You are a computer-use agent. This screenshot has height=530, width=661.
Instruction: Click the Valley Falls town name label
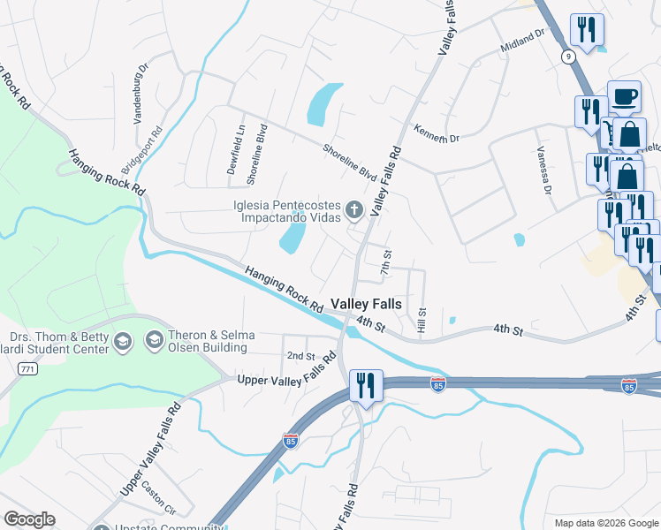[x=366, y=304]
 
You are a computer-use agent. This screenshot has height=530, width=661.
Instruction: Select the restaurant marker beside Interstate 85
[x=365, y=385]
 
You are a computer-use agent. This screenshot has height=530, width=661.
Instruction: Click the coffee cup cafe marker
[x=624, y=96]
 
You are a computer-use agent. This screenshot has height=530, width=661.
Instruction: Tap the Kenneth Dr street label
[x=437, y=132]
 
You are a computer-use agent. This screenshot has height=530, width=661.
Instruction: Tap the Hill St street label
[x=422, y=321]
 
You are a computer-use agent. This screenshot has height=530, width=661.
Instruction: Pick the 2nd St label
[x=300, y=356]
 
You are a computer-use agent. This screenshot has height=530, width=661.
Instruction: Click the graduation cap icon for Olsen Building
[x=154, y=340]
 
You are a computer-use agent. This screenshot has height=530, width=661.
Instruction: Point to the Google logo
[x=29, y=519]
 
